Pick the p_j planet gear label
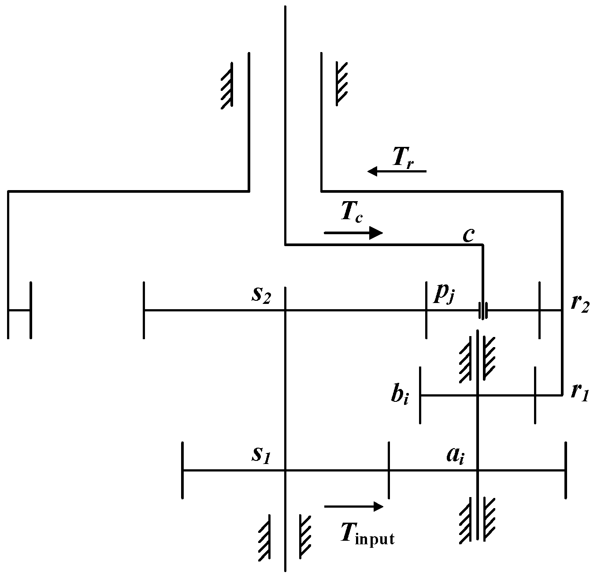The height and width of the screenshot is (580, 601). tap(443, 294)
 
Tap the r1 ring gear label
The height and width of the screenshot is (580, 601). tap(579, 392)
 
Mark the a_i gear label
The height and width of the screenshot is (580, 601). tap(455, 455)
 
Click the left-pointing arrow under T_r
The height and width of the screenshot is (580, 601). tap(397, 171)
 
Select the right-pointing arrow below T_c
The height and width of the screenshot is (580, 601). tap(354, 232)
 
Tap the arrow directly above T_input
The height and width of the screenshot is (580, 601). tap(354, 507)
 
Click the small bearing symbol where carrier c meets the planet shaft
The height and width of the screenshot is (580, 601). tap(483, 311)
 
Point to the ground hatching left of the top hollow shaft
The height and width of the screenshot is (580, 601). tap(227, 85)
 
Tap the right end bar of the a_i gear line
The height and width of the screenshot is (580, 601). tap(565, 471)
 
